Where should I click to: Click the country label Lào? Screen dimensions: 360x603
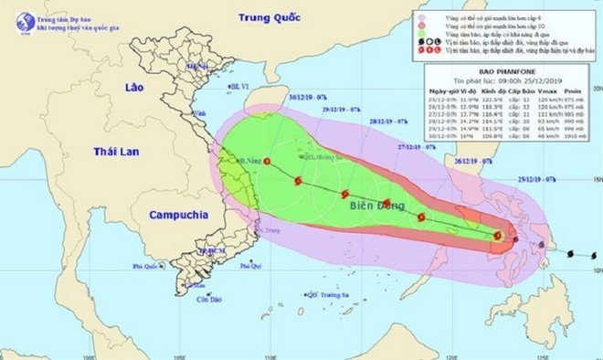(x=137, y=87)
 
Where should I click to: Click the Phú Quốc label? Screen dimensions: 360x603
(x=145, y=267)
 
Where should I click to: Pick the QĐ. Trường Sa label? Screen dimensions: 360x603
(x=331, y=294)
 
